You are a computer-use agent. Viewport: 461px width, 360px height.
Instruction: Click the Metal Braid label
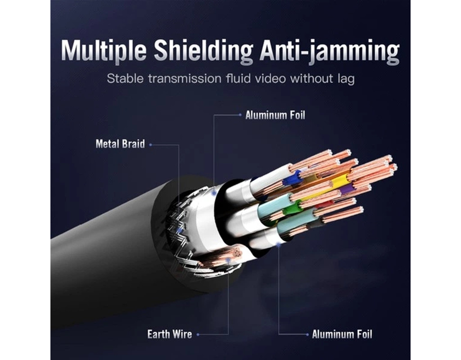click(x=120, y=144)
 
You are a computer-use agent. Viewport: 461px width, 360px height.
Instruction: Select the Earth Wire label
click(x=169, y=334)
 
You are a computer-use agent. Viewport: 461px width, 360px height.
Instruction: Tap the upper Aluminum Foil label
click(x=275, y=115)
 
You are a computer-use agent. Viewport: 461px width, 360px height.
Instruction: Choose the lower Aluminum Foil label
click(x=342, y=334)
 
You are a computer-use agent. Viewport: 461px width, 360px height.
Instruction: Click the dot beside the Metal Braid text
click(x=150, y=144)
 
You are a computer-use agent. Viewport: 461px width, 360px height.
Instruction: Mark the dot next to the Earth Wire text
click(x=198, y=334)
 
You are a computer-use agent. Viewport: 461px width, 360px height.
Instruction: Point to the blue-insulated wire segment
click(x=292, y=179)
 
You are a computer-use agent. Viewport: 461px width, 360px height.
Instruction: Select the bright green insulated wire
click(x=293, y=209)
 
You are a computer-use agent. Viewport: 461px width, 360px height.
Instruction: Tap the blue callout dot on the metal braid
click(x=180, y=230)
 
